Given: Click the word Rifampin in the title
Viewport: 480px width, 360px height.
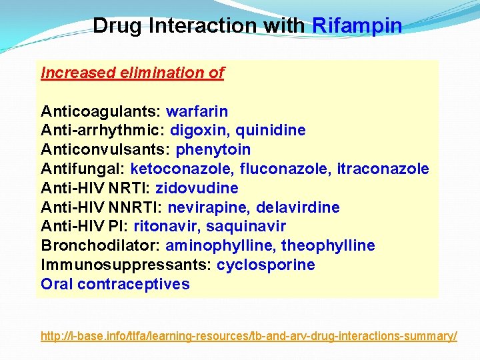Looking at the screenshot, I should coord(357,26).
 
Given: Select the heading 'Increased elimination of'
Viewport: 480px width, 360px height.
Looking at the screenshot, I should coord(132,73).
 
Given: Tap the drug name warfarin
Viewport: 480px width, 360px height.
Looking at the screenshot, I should coord(197,111).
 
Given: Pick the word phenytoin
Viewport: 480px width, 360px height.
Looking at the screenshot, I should coord(213,149).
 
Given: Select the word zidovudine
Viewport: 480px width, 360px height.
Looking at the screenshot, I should coord(197,188).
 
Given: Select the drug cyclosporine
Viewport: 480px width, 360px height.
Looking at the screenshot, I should coord(266,265).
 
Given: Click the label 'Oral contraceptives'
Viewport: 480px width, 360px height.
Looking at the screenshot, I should coord(115,284).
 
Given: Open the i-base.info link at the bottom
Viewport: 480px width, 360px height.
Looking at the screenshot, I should coord(249,336).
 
